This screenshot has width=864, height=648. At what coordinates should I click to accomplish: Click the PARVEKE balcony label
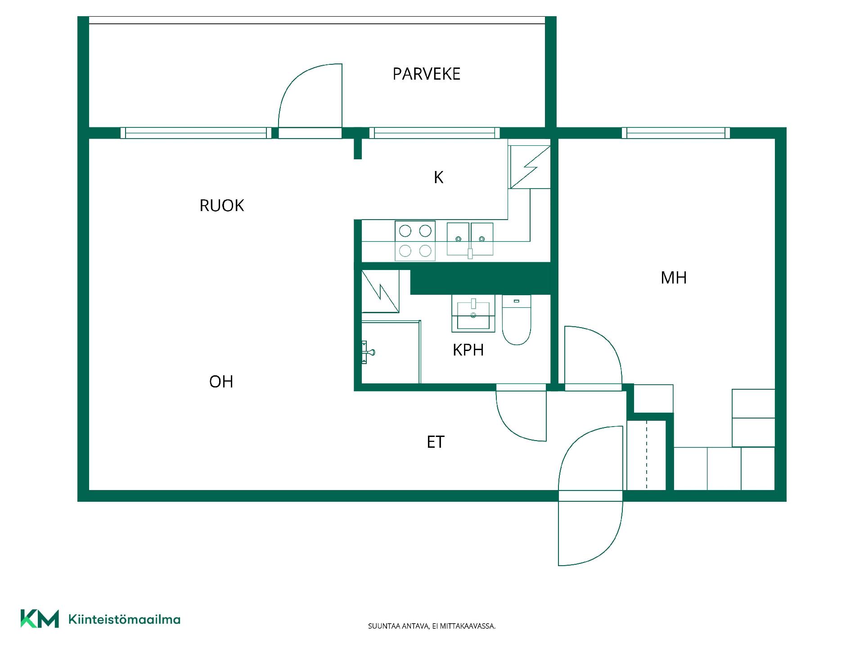point(426,74)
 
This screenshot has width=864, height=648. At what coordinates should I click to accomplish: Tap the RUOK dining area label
point(221,206)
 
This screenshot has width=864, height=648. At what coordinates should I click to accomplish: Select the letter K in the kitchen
point(438,178)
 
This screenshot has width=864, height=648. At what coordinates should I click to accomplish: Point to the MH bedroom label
point(674,278)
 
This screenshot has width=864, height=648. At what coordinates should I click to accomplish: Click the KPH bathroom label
point(468,350)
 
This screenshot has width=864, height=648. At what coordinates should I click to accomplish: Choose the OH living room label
point(221,382)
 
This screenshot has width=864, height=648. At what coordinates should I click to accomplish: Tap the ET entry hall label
point(436,442)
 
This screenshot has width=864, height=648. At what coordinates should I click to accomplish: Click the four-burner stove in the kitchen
point(415,241)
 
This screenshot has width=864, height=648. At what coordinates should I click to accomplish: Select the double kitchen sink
point(470,239)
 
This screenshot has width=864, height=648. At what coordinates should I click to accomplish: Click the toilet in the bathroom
point(517,320)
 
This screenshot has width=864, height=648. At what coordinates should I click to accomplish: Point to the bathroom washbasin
point(473,313)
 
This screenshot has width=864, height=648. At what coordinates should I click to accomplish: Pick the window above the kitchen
point(435,133)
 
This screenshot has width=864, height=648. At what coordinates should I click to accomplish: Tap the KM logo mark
point(40,619)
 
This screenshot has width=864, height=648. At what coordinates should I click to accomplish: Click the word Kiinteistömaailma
point(124,620)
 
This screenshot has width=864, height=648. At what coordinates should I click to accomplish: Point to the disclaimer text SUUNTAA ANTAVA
point(398,626)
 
